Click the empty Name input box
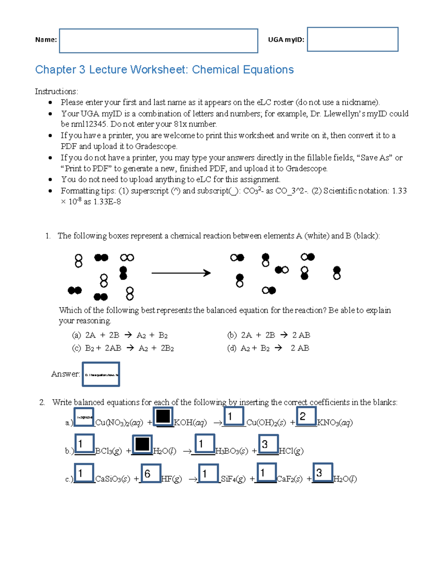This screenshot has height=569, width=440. click(158, 41)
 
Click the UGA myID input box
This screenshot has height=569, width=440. click(352, 39)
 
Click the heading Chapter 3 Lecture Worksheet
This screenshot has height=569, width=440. click(164, 70)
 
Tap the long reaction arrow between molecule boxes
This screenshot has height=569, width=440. click(181, 273)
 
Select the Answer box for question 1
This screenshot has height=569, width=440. click(101, 374)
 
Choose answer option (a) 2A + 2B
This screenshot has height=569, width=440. click(120, 335)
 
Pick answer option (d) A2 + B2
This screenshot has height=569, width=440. click(268, 348)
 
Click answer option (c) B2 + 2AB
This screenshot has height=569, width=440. click(123, 348)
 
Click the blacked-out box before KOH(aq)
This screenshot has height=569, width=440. click(163, 417)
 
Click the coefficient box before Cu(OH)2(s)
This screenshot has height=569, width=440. click(234, 416)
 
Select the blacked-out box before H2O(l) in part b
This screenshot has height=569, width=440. click(142, 444)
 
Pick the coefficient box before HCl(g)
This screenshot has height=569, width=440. click(268, 444)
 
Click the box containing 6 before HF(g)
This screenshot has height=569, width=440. click(151, 473)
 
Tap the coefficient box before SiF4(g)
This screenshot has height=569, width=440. click(208, 473)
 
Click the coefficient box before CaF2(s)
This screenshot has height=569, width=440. click(266, 473)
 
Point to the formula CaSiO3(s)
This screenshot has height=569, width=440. click(113, 479)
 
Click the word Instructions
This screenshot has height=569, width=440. click(56, 92)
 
